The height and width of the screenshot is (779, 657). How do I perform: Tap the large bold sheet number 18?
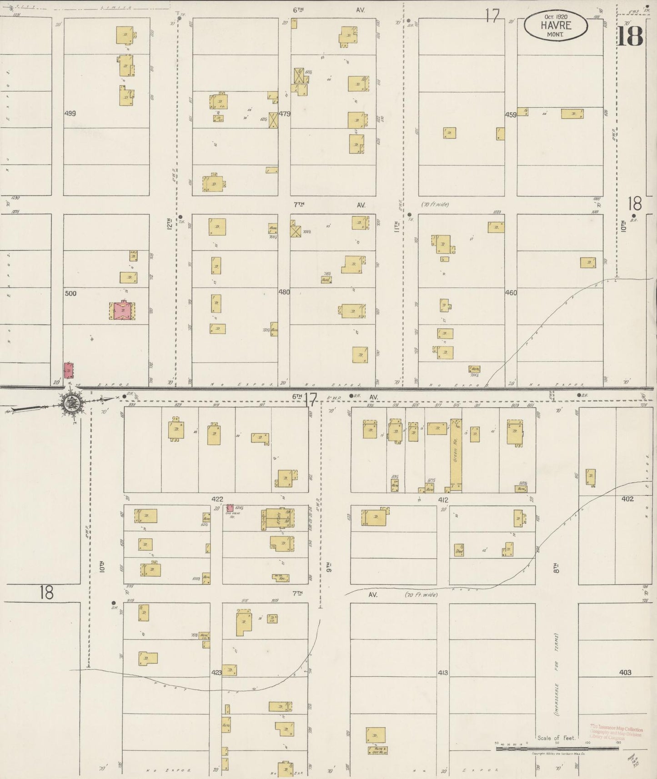point(630,36)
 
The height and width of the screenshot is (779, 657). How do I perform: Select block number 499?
point(70,114)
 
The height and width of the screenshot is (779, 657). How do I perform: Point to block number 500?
point(70,293)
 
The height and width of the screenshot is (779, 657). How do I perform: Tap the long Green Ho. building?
point(456,454)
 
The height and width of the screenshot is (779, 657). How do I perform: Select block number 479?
point(285,114)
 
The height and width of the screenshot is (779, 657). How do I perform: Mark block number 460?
point(511,293)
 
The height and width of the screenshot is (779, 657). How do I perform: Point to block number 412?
point(443,500)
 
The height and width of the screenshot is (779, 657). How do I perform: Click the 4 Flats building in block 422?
point(277,519)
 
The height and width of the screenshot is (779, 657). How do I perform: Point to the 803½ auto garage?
point(521,489)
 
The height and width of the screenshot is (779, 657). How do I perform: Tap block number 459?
point(511,115)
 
